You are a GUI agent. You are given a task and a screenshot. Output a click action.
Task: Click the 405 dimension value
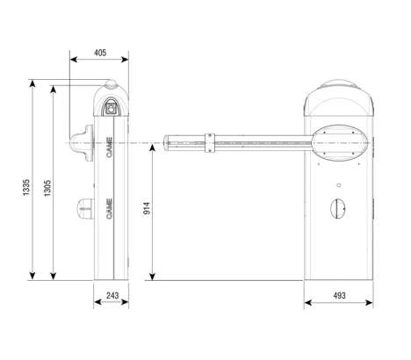[x=100, y=53]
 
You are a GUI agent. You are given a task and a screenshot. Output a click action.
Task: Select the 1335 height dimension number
[x=26, y=187]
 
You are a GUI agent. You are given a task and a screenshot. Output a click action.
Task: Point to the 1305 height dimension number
[x=47, y=188]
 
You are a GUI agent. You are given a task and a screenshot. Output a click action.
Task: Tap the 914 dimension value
[x=147, y=208]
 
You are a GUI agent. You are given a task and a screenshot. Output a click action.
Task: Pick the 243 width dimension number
[x=112, y=295]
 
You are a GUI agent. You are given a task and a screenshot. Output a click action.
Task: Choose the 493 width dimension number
[x=339, y=296]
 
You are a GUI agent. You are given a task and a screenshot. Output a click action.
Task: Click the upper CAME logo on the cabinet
[x=109, y=148]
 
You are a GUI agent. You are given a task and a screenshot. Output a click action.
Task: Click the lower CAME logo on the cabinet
[x=109, y=209]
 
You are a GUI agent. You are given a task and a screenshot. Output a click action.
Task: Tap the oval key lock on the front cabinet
[x=338, y=208]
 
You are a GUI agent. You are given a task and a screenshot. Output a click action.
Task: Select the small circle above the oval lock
[x=339, y=185]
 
